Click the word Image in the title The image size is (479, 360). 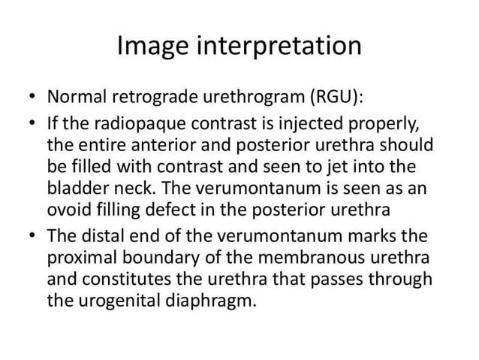(x=153, y=46)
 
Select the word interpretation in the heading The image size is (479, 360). (x=279, y=47)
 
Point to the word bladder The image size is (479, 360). (x=78, y=187)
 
